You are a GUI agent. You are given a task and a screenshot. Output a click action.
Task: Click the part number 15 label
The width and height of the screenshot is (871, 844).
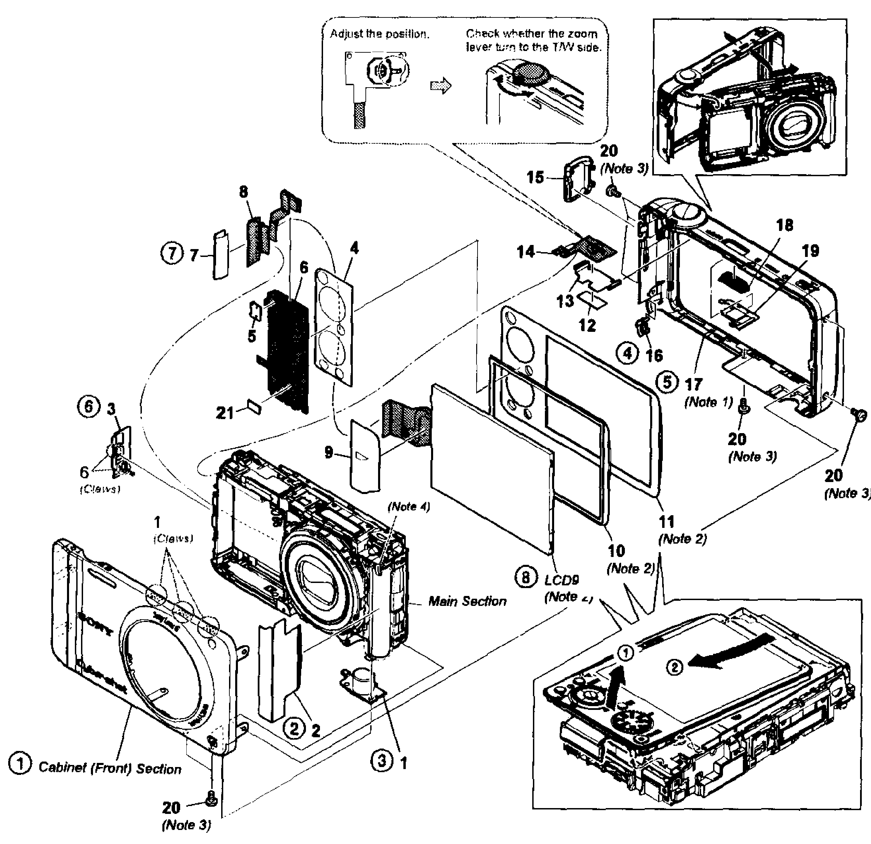535,178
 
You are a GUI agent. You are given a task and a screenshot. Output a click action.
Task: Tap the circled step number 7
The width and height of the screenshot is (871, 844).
171,254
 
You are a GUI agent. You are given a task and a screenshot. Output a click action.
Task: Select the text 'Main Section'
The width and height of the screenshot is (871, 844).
467,601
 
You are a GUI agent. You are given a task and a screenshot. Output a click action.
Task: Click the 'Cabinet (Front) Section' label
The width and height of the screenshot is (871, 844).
110,768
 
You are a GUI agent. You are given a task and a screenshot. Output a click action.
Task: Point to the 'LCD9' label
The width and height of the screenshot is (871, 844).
561,580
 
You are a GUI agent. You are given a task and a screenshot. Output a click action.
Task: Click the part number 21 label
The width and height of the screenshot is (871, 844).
224,413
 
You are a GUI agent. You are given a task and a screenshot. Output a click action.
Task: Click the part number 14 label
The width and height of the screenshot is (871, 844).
525,252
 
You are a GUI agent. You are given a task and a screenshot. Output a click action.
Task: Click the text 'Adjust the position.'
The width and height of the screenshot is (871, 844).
379,34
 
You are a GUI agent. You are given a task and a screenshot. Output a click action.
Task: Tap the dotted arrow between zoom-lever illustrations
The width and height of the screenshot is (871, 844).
440,85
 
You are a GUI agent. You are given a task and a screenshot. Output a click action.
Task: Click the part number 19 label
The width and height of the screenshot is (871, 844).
810,251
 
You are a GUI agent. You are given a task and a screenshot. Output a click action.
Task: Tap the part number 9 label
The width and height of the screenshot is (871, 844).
329,452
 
